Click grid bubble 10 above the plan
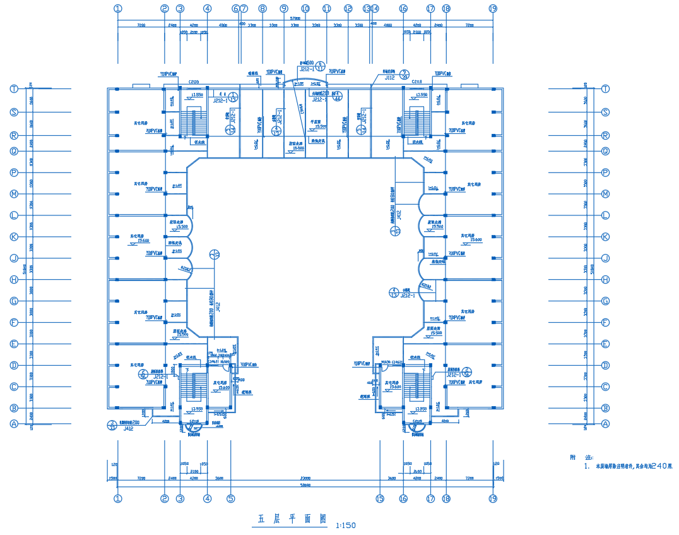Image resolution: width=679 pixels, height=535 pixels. click(305, 9)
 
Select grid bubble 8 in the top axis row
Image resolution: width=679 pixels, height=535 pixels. click(263, 9)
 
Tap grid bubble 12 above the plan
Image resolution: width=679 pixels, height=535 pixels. click(348, 9)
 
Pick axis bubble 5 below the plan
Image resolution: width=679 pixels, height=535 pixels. click(231, 498)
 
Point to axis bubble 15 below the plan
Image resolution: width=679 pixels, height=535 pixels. click(380, 498)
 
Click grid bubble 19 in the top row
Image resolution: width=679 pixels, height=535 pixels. click(493, 9)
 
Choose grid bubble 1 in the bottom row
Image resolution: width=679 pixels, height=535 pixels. click(118, 498)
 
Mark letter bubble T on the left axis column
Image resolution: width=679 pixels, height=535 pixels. click(14, 89)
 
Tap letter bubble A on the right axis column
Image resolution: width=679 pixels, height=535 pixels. click(605, 424)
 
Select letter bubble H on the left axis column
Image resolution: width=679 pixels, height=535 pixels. click(14, 279)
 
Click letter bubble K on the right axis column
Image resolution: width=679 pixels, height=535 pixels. click(605, 237)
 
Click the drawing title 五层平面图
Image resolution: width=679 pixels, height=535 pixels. click(292, 519)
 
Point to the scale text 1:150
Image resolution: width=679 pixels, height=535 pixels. click(346, 525)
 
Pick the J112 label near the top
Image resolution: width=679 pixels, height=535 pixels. click(389, 78)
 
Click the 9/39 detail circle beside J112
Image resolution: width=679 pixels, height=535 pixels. click(406, 75)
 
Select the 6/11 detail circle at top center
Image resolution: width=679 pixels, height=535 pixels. click(320, 66)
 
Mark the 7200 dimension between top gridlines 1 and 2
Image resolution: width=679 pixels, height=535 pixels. click(141, 26)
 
